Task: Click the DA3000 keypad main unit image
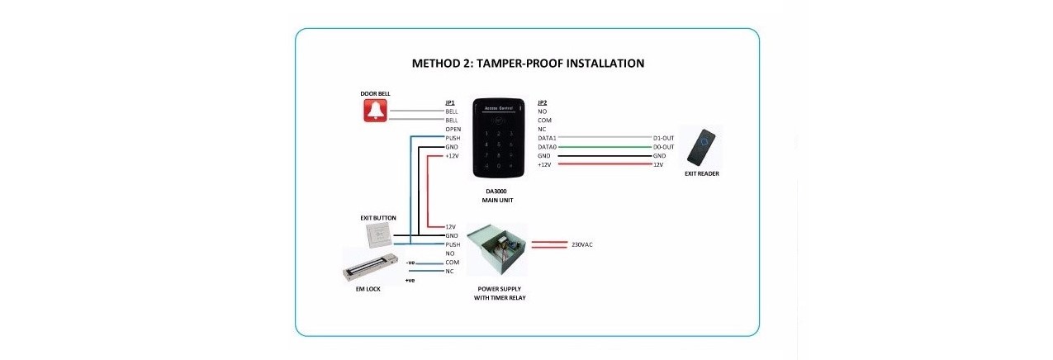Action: click(x=498, y=137)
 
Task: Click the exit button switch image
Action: click(x=377, y=235)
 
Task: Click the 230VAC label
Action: click(x=581, y=244)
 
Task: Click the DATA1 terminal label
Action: click(x=547, y=137)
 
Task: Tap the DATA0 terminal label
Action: click(x=547, y=146)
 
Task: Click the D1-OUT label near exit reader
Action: click(x=663, y=137)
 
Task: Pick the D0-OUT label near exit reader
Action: click(x=663, y=146)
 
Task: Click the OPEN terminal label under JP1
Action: click(x=453, y=129)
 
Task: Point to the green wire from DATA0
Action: click(x=604, y=146)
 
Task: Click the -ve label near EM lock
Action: click(x=410, y=263)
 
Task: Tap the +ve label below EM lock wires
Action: click(x=410, y=281)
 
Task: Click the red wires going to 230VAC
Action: click(x=547, y=244)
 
